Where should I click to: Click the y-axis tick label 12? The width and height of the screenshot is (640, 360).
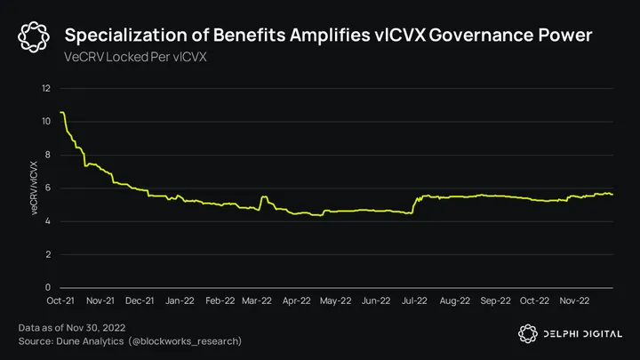pyautogui.click(x=46, y=88)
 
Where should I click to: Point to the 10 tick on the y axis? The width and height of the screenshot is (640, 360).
pyautogui.click(x=46, y=121)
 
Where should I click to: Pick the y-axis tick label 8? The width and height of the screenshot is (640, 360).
pyautogui.click(x=48, y=155)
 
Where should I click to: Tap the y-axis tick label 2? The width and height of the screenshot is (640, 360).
pyautogui.click(x=48, y=254)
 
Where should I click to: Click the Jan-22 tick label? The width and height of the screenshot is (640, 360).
pyautogui.click(x=180, y=300)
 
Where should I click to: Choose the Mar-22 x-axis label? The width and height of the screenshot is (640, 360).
pyautogui.click(x=259, y=300)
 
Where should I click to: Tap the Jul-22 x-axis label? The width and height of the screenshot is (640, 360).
pyautogui.click(x=415, y=300)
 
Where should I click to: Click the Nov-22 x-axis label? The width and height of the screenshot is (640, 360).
pyautogui.click(x=572, y=300)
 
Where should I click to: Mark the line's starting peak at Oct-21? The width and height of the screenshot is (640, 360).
pyautogui.click(x=61, y=112)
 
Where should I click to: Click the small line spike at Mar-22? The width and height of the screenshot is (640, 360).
pyautogui.click(x=264, y=196)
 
